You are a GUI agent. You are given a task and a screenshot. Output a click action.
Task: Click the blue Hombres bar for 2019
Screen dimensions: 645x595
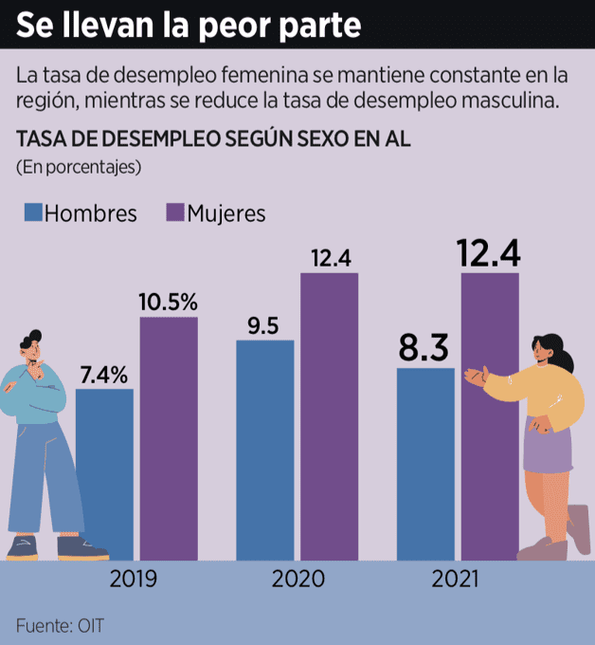click(x=104, y=474)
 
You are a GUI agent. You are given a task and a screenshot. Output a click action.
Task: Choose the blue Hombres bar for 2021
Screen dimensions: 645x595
click(x=425, y=464)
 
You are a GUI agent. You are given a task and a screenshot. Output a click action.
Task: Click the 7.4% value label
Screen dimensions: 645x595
click(x=103, y=374)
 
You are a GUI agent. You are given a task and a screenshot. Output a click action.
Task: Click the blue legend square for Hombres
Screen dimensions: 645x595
click(x=33, y=212)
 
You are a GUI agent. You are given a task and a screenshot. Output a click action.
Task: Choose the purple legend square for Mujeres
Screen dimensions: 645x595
click(x=174, y=212)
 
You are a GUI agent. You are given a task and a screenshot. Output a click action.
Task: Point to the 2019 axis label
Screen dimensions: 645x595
click(x=134, y=579)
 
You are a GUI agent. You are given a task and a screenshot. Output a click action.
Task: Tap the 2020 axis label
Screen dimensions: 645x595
click(x=297, y=579)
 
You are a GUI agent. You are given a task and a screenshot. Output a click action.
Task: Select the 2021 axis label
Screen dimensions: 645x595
click(x=456, y=579)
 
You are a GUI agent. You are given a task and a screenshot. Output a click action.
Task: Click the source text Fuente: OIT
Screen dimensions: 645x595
click(x=59, y=625)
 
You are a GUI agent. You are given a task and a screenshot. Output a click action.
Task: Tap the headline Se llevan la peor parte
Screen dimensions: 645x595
click(x=189, y=25)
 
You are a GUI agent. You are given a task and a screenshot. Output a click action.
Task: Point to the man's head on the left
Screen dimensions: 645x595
click(x=30, y=346)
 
